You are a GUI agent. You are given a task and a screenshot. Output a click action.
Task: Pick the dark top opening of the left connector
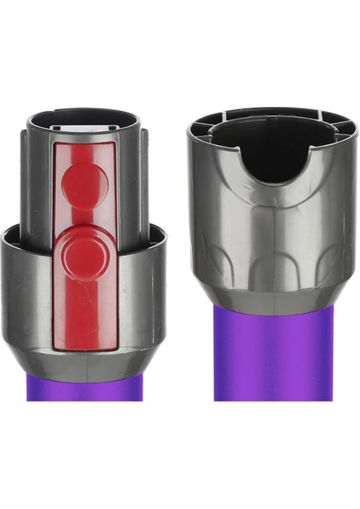(83, 116)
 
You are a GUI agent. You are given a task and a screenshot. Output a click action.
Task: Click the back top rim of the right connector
(270, 112)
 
